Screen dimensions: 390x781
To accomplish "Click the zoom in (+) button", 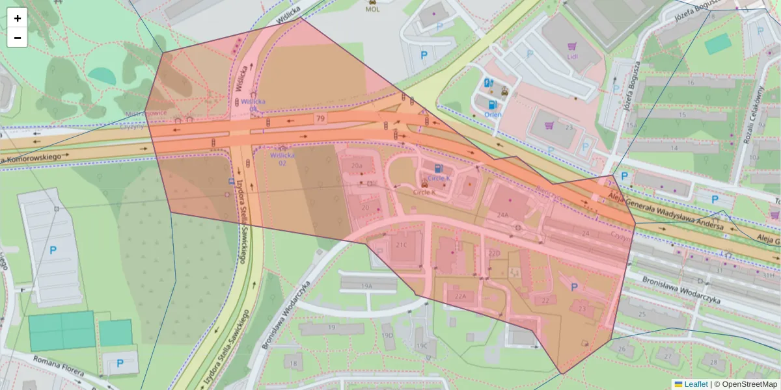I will click(18, 18).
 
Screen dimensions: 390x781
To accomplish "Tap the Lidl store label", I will click(573, 56).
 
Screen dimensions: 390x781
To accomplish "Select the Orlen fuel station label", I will click(493, 114).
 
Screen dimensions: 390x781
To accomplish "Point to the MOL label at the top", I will click(372, 9).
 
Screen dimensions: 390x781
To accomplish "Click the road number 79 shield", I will click(320, 118).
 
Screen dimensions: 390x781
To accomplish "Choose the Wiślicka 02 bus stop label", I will click(282, 159).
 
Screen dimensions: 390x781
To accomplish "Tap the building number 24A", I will click(502, 214).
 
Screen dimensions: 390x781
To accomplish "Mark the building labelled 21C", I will click(401, 245).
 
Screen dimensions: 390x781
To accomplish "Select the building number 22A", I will click(461, 296).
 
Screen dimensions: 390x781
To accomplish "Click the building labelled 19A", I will click(367, 285).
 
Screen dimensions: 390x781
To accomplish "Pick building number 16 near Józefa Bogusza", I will click(690, 83).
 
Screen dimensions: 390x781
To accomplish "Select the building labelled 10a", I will click(754, 157).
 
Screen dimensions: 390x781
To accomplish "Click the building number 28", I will click(714, 362).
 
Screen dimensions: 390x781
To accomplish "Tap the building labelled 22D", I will click(494, 252).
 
